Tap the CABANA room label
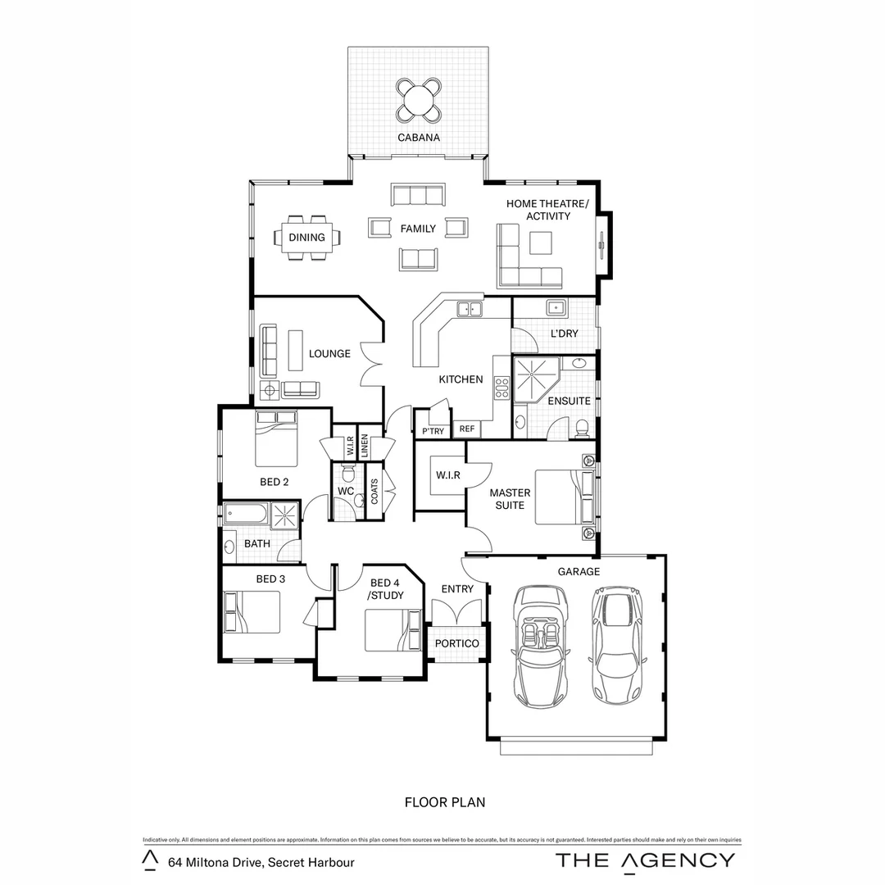pyautogui.click(x=419, y=138)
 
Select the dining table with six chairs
pyautogui.click(x=307, y=238)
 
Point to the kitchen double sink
pyautogui.click(x=469, y=309)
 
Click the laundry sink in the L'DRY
pyautogui.click(x=556, y=307)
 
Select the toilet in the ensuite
pyautogui.click(x=582, y=426)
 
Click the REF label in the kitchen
pyautogui.click(x=466, y=429)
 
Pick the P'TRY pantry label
pyautogui.click(x=432, y=431)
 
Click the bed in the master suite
pyautogui.click(x=564, y=497)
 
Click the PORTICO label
pyautogui.click(x=456, y=644)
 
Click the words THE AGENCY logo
pyautogui.click(x=645, y=860)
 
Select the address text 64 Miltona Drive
pyautogui.click(x=261, y=862)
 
